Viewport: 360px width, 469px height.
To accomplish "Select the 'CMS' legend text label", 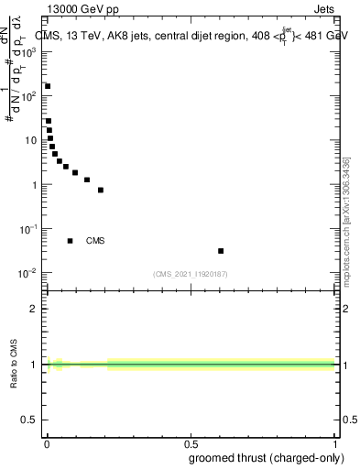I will [95, 241].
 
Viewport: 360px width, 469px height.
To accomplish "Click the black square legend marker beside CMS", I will [70, 241].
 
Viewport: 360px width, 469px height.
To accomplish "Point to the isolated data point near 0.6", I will [221, 250].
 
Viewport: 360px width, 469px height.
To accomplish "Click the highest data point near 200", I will [48, 86].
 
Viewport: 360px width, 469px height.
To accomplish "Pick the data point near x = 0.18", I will [101, 190].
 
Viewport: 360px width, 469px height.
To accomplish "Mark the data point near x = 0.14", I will [87, 180].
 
